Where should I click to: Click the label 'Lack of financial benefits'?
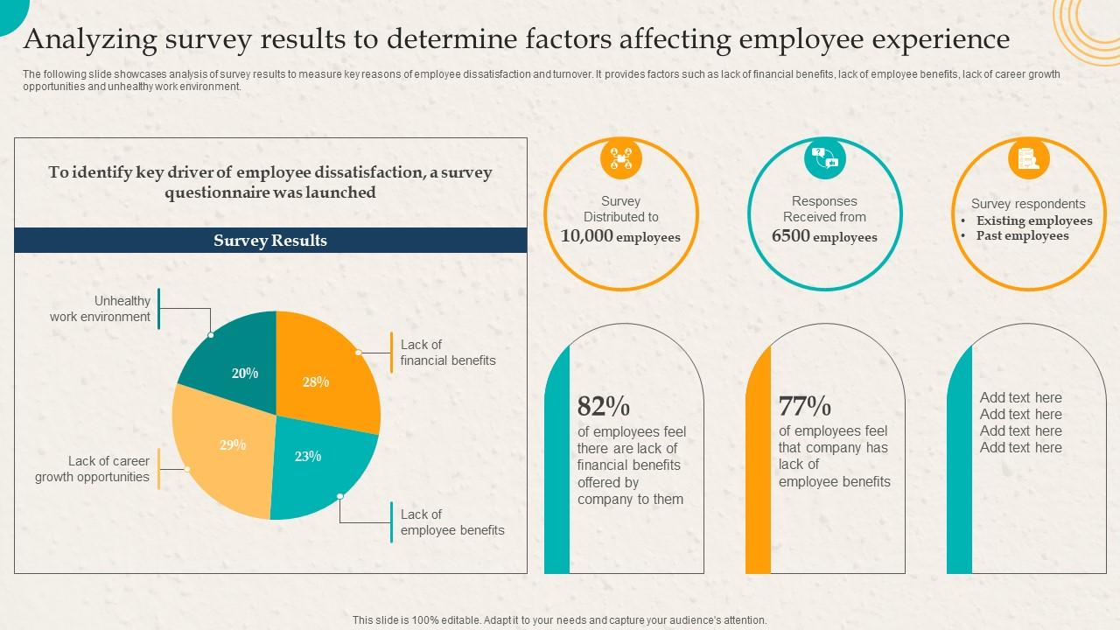448,353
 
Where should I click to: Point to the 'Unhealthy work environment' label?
100,309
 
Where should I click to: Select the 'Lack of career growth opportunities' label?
93,469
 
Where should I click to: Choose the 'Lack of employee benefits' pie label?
452,522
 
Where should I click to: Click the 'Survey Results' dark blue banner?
270,241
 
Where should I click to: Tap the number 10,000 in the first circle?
587,236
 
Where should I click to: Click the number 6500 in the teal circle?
791,236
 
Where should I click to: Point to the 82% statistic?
604,407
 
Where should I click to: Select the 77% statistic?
805,406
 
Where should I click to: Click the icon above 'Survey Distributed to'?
621,158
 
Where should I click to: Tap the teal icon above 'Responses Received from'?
825,158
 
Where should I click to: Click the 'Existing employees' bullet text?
1034,220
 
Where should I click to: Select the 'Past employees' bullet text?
1022,235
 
